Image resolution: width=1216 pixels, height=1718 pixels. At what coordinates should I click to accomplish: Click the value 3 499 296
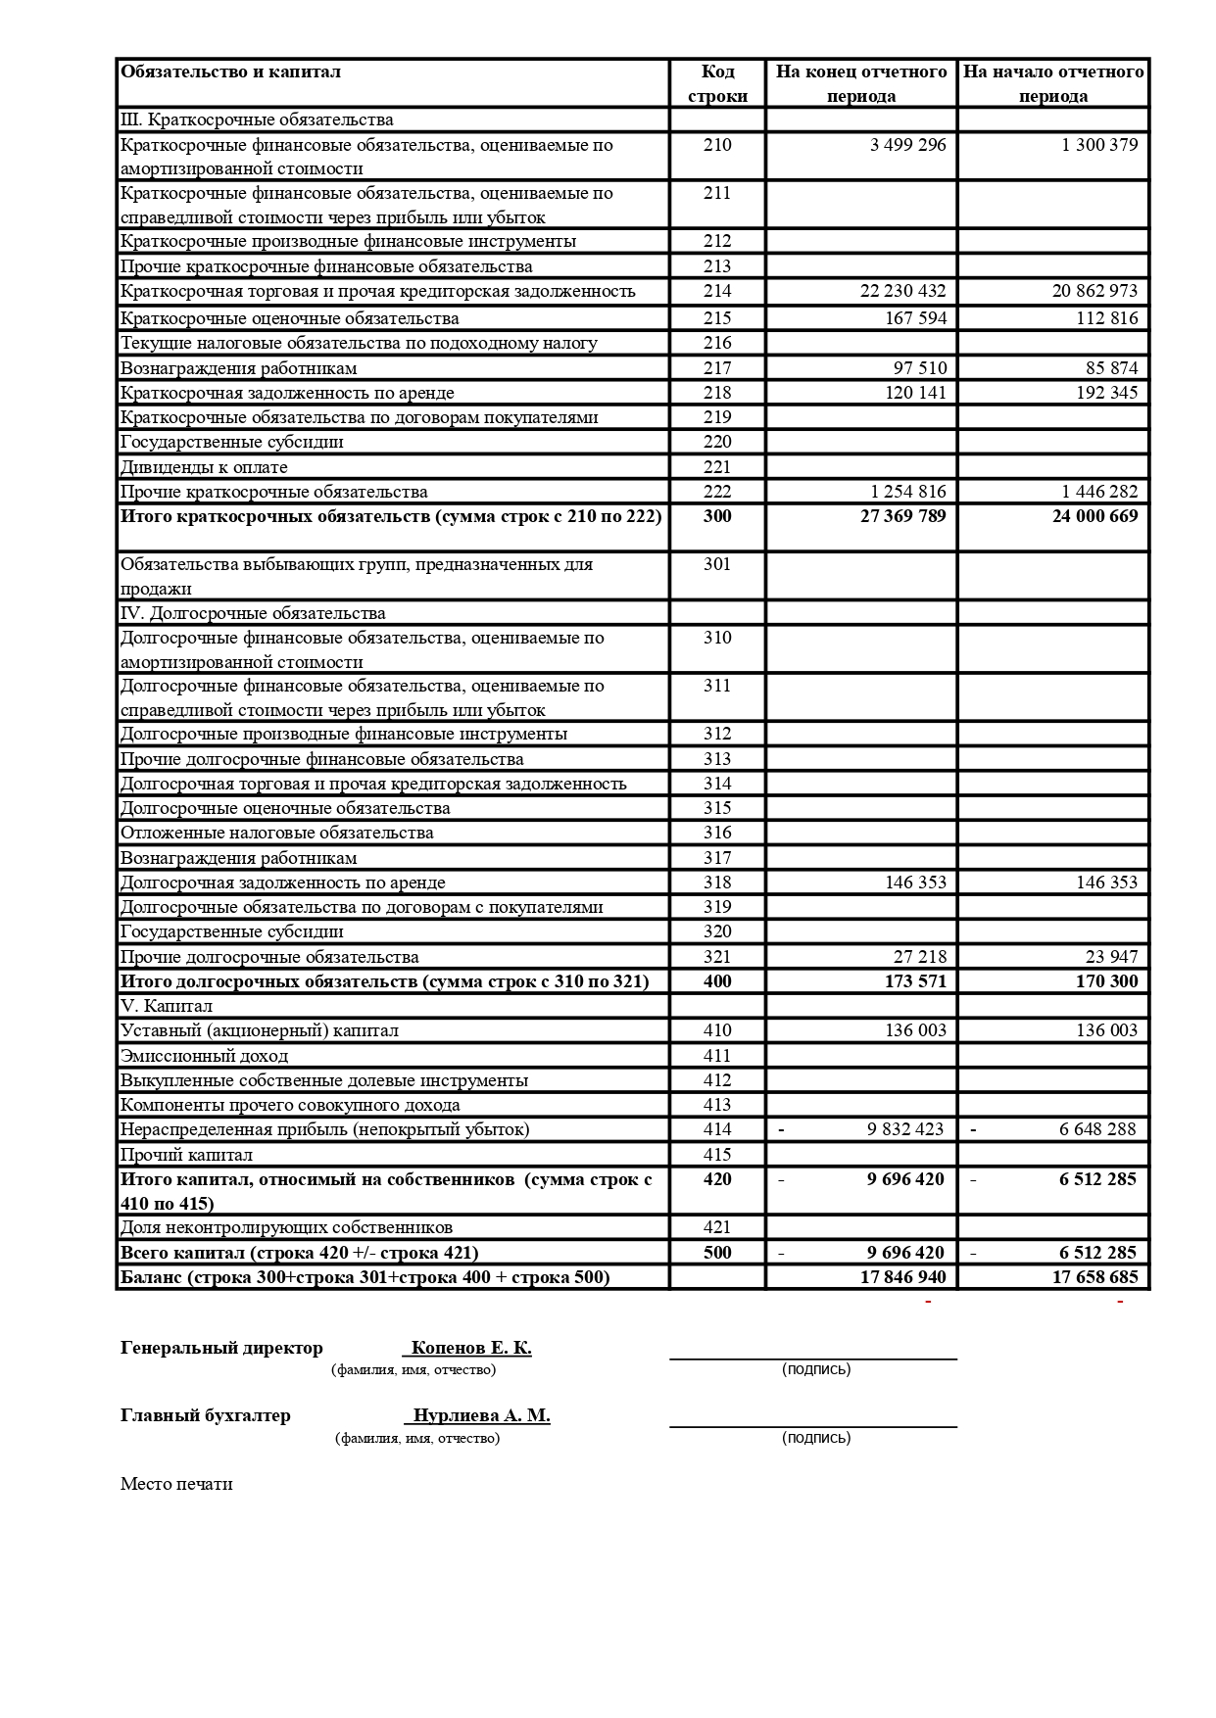pyautogui.click(x=907, y=145)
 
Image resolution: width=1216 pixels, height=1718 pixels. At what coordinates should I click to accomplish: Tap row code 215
pyautogui.click(x=717, y=318)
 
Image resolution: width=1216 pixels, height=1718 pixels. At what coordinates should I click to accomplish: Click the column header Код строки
pyautogui.click(x=717, y=84)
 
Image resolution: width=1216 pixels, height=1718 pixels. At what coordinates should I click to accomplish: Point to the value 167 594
pyautogui.click(x=915, y=318)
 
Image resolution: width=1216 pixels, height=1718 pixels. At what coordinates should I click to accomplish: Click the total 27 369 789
pyautogui.click(x=902, y=516)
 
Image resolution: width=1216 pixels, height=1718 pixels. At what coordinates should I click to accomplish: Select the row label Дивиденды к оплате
pyautogui.click(x=204, y=467)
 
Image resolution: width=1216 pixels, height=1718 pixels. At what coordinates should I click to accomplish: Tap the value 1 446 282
pyautogui.click(x=1099, y=492)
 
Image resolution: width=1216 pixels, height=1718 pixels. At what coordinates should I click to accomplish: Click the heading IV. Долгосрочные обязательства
pyautogui.click(x=253, y=613)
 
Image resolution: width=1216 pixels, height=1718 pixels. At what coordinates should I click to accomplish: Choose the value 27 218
pyautogui.click(x=920, y=957)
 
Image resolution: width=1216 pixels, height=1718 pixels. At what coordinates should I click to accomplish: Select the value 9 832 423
pyautogui.click(x=904, y=1129)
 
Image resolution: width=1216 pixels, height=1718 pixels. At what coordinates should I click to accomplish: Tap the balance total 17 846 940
pyautogui.click(x=902, y=1277)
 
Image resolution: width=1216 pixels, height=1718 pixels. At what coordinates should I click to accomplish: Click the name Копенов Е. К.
pyautogui.click(x=471, y=1348)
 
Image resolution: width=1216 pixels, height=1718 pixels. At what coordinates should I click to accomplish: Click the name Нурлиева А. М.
pyautogui.click(x=481, y=1416)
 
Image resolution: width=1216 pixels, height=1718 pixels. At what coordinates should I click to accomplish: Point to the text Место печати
pyautogui.click(x=176, y=1484)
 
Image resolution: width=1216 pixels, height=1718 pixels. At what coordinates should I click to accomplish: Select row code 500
pyautogui.click(x=717, y=1253)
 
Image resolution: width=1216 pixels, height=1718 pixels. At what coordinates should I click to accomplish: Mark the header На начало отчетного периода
pyautogui.click(x=1053, y=84)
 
